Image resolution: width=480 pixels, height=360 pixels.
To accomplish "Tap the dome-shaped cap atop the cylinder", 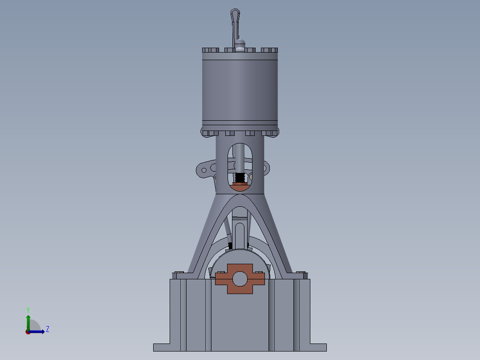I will coord(240,44).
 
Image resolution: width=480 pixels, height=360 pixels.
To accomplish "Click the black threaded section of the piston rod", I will coord(240,177).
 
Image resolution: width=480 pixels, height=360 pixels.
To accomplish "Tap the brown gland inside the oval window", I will coord(240,187).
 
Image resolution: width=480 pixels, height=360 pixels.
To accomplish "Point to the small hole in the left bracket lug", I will coord(204,170).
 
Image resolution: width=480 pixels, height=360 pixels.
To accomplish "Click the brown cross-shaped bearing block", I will coord(240,279).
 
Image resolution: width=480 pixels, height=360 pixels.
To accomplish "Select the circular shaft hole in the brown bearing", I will coord(240,278).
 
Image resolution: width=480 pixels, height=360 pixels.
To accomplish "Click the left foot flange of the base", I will coord(161,347).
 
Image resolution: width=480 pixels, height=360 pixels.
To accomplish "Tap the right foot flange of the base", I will coord(318,347).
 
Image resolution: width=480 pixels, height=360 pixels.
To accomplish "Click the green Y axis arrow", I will coord(28,320).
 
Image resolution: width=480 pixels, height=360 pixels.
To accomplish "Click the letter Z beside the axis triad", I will coord(47,329).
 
